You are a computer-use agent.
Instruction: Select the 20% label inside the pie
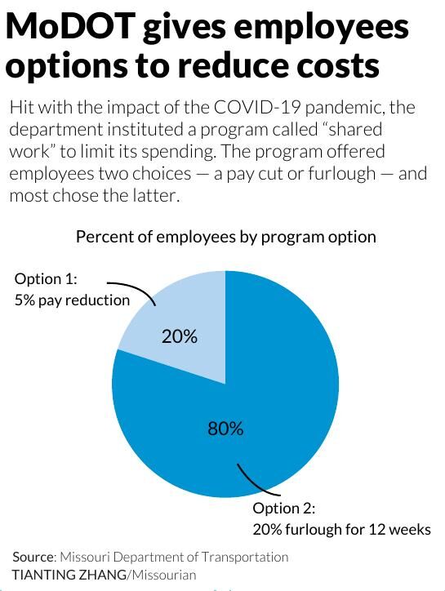pyautogui.click(x=179, y=336)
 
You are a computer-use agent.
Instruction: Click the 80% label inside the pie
pyautogui.click(x=225, y=428)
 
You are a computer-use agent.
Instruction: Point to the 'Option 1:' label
pyautogui.click(x=46, y=279)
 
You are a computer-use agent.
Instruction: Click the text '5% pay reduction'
pyautogui.click(x=73, y=300)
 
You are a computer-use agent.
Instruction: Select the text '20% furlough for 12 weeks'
pyautogui.click(x=341, y=529)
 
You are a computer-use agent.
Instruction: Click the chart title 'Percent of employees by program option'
pyautogui.click(x=225, y=237)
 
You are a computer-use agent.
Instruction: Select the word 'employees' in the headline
pyautogui.click(x=323, y=28)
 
